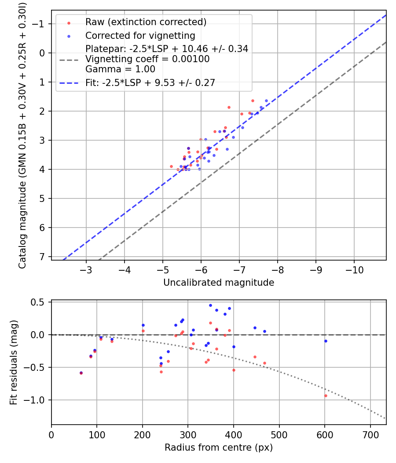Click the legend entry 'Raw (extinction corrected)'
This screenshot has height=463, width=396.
146,22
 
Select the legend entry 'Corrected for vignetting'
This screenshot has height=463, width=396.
140,35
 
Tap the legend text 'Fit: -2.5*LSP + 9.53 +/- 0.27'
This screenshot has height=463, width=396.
150,83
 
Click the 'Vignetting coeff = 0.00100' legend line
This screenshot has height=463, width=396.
147,59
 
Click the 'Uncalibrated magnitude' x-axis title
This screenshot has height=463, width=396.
219,283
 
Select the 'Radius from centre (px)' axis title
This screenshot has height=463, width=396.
219,448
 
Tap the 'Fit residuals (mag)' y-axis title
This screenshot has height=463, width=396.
14,362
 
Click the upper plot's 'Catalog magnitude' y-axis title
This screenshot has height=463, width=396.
22,134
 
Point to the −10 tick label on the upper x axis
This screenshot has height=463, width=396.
354,269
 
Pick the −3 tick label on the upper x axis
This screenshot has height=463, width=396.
86,269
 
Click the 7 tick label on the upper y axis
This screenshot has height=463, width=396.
43,257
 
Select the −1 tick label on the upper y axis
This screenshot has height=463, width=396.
40,24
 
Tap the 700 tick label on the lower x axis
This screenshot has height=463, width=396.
370,434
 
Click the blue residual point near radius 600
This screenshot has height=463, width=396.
326,341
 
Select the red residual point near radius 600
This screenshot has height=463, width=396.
326,396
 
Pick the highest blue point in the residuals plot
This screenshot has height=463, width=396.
210,305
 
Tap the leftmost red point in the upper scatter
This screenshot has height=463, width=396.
171,166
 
